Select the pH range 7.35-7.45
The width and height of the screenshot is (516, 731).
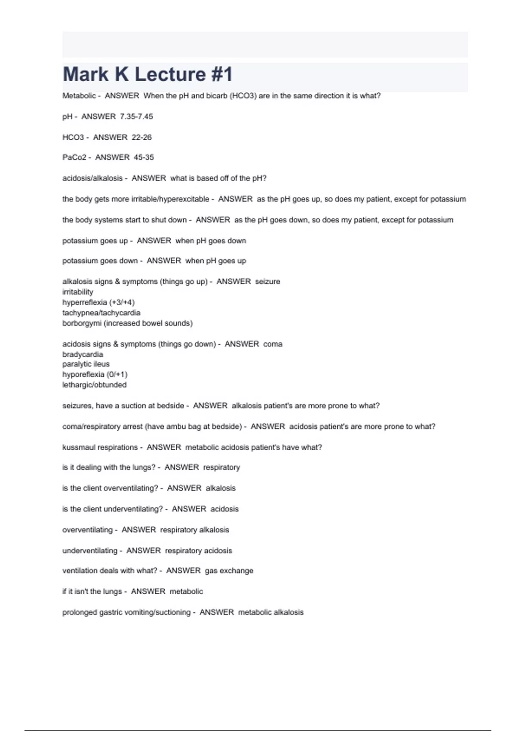point(136,117)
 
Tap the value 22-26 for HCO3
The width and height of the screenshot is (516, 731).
point(141,137)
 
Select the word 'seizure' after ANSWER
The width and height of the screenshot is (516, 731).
point(267,282)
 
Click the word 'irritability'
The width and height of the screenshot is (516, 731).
point(77,292)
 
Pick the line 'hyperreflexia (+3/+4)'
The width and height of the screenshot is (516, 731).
point(98,302)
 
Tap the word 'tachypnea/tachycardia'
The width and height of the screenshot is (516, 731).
point(101,313)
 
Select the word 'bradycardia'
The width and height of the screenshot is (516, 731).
point(83,354)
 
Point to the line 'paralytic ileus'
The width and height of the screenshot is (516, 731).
point(86,364)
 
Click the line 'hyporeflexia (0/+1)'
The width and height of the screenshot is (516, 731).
point(95,375)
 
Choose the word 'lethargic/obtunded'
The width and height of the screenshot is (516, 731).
point(94,385)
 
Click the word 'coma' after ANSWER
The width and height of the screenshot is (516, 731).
point(273,344)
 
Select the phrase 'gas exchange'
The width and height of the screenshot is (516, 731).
point(229,571)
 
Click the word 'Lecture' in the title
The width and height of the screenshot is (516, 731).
point(170,74)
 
